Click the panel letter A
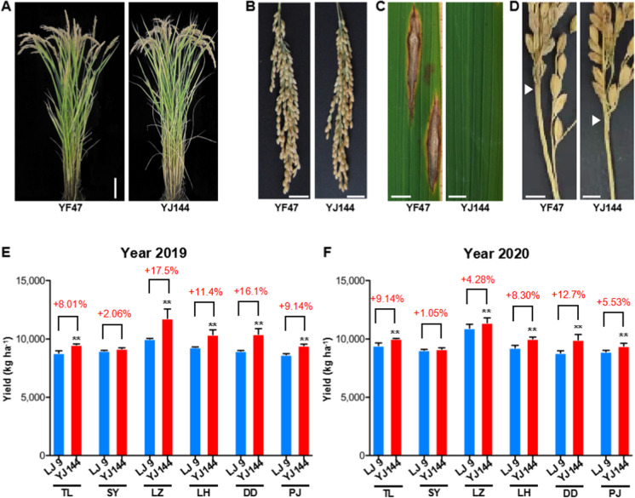click(x=6, y=8)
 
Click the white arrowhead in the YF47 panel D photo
click(x=529, y=89)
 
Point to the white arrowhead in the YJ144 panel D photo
click(x=595, y=120)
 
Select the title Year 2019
click(x=153, y=253)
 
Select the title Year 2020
click(x=496, y=254)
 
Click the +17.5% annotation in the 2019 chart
click(x=161, y=271)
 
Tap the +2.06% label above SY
click(x=114, y=313)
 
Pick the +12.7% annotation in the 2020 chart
click(x=568, y=295)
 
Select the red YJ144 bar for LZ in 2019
click(x=167, y=387)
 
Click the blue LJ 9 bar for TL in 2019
click(x=59, y=405)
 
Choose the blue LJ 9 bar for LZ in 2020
click(x=469, y=392)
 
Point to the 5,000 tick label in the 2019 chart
click(x=35, y=398)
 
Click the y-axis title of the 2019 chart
click(x=9, y=369)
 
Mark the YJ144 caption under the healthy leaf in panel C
click(x=475, y=208)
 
